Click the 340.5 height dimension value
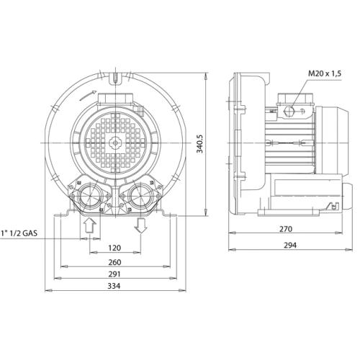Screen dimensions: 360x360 199,144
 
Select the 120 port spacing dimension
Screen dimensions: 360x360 114,248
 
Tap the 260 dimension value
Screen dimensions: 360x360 114,262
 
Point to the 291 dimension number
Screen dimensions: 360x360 114,274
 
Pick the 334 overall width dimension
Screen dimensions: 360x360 114,286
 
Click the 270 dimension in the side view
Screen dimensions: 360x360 286,229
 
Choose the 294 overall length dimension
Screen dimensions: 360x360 290,246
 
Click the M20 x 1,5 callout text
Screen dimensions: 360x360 325,73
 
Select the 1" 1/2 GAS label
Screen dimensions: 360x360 19,233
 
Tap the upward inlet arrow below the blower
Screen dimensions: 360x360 90,225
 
